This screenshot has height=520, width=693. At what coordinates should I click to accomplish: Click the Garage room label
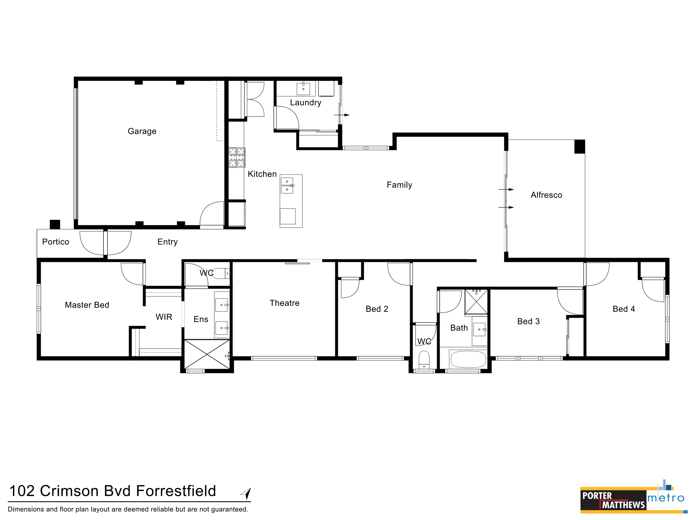[142, 131]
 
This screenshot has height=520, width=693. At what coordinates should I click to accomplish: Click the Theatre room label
[284, 303]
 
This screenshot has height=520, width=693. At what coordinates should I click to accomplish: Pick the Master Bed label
[87, 305]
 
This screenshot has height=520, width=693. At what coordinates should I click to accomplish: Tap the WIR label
[164, 317]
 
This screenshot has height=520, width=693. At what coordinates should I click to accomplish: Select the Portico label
[55, 242]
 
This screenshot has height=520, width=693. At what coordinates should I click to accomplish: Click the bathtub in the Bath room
[468, 359]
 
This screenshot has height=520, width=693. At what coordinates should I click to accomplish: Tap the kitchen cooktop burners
[237, 157]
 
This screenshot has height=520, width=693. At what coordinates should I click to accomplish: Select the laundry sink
[303, 89]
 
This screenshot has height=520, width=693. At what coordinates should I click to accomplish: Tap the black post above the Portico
[55, 224]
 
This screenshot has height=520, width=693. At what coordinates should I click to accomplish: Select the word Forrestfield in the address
[176, 491]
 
